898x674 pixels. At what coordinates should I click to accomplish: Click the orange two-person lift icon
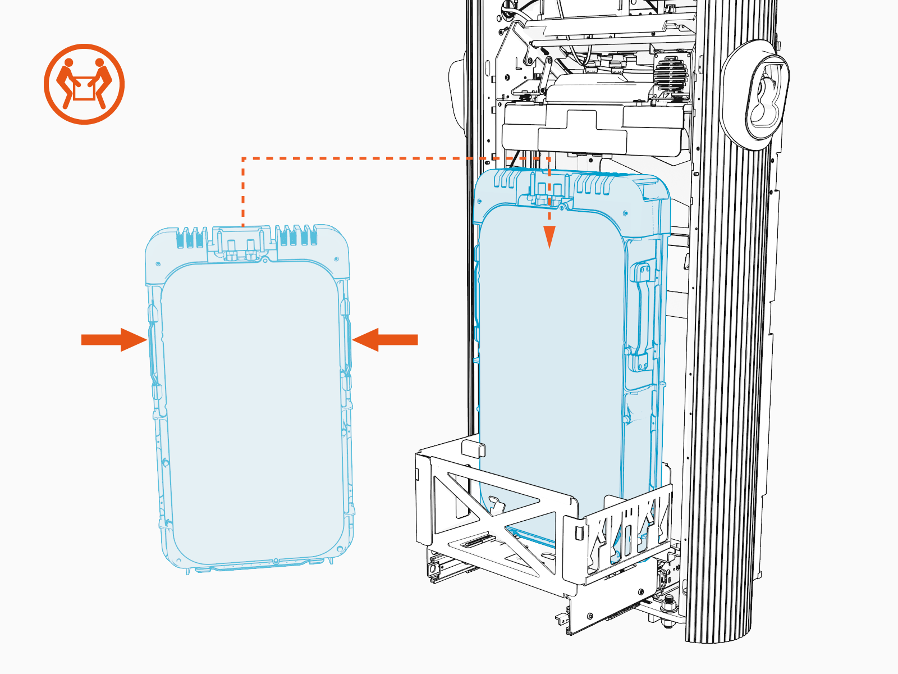pos(84,84)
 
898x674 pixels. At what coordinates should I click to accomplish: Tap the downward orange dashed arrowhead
pos(549,236)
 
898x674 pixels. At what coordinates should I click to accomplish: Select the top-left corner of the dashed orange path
pos(243,159)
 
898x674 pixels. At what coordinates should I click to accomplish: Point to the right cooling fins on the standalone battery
pos(297,236)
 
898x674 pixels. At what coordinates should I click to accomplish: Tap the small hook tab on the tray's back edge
pos(473,448)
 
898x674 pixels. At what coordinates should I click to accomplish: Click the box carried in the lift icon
pos(84,89)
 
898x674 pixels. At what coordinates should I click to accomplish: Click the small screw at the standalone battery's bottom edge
pos(276,561)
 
